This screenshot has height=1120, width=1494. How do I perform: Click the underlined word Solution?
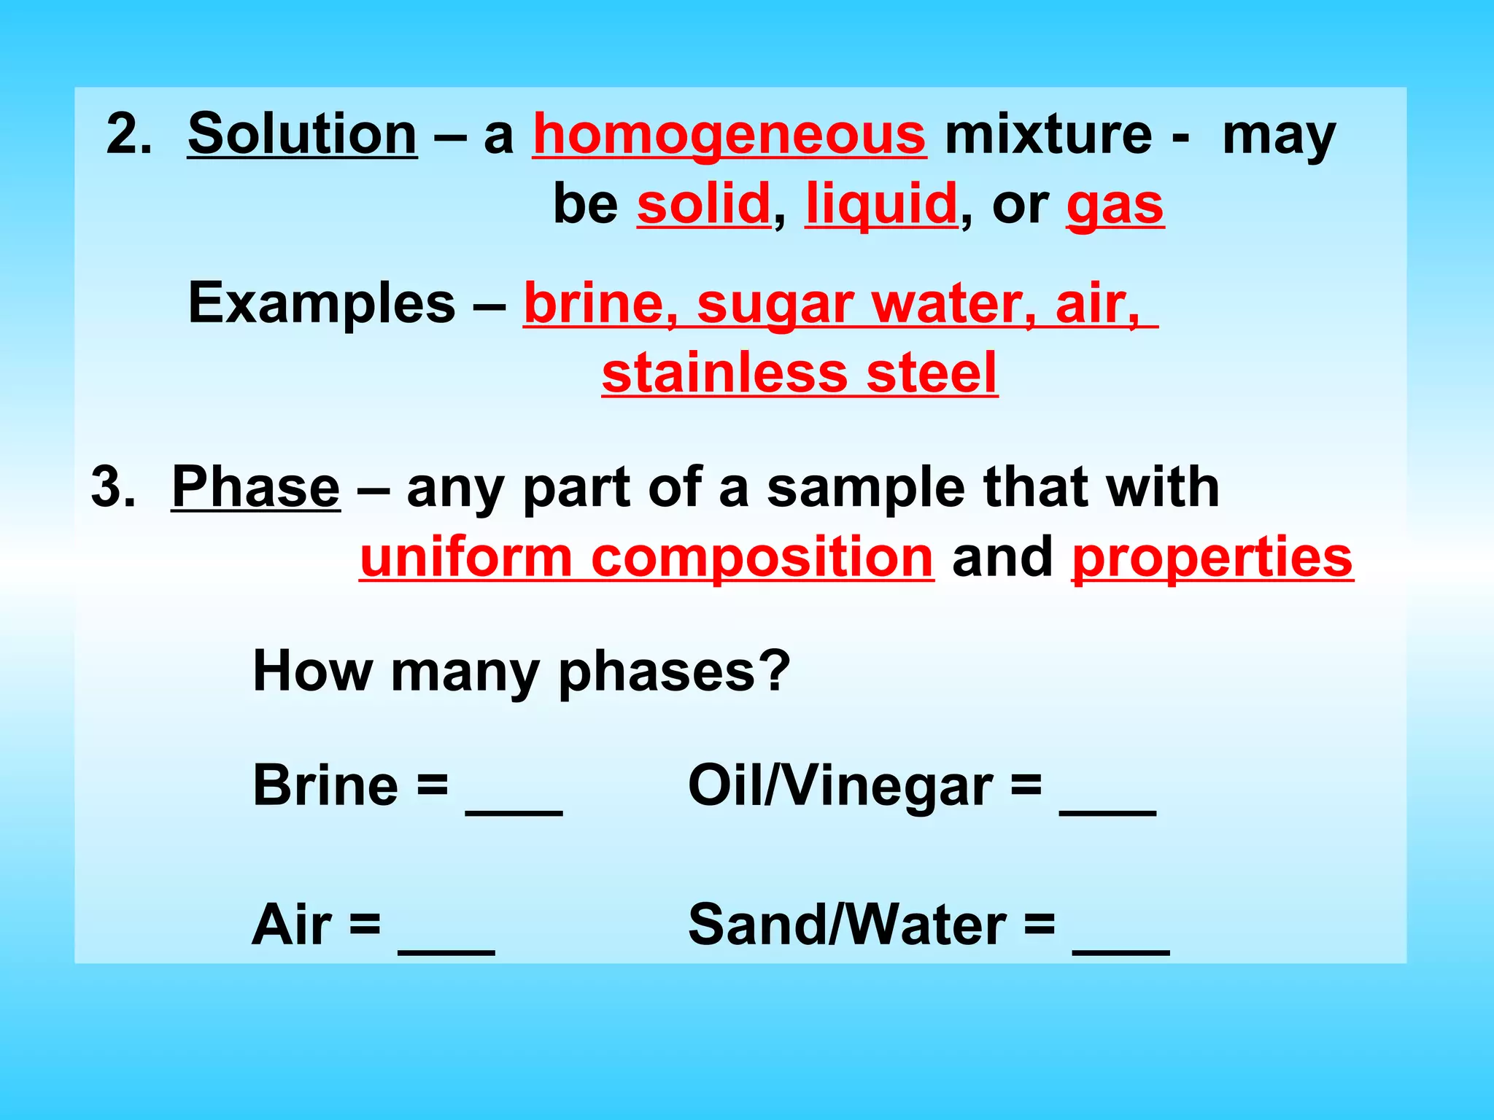[302, 134]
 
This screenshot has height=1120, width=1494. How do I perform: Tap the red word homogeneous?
[729, 136]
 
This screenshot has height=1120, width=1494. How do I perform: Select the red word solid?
[704, 204]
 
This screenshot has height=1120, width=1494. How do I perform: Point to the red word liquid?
[881, 204]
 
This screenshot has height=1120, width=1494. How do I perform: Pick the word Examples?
[322, 303]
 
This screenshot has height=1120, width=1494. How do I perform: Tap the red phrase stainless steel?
[800, 373]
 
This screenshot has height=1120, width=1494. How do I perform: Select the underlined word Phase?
[255, 487]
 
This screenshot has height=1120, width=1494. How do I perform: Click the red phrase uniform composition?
[646, 557]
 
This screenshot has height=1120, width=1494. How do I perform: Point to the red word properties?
[1212, 557]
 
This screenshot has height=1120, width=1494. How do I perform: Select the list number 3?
[114, 487]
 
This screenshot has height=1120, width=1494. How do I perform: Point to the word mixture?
[1048, 134]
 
